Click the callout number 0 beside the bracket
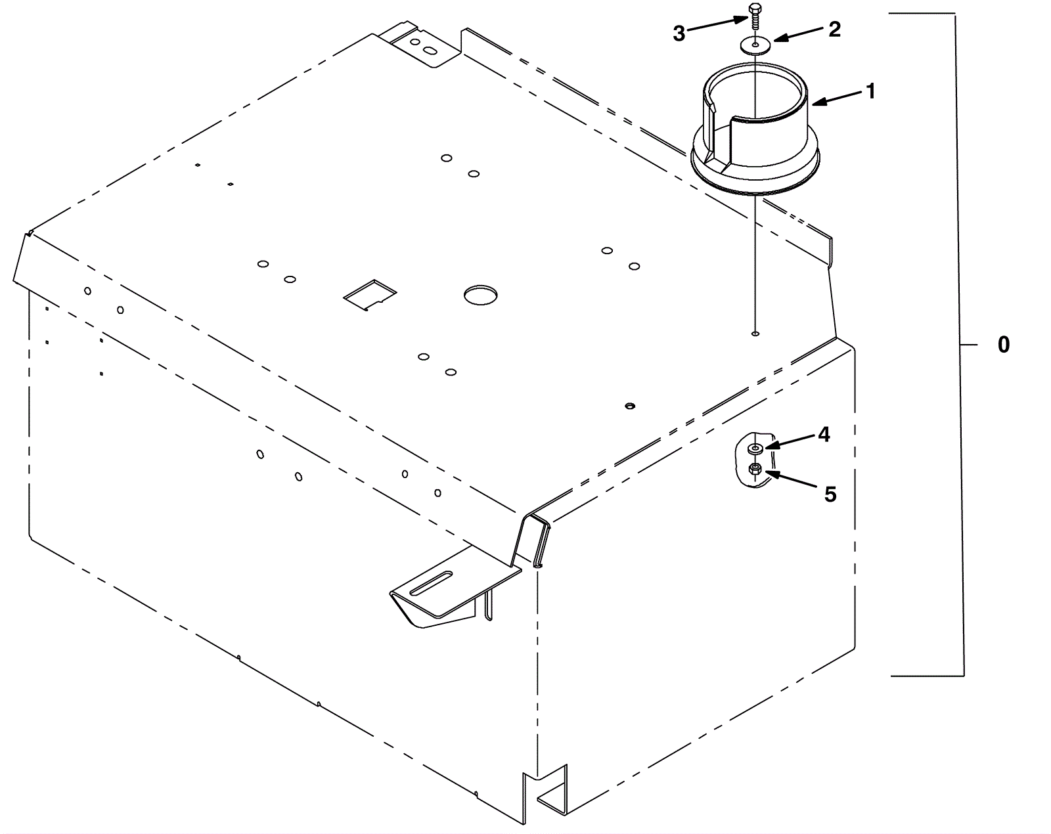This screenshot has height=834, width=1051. point(1003,345)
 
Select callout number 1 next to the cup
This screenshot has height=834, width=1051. point(870,91)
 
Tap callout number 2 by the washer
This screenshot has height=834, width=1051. point(835,30)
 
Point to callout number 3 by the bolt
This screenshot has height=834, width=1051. point(679,33)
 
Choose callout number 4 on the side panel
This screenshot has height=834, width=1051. point(824,435)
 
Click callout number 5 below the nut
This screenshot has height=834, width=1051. point(830,494)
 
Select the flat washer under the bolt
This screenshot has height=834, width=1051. point(755,45)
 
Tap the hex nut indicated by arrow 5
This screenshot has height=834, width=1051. point(755,470)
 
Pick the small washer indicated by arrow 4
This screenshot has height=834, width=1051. point(755,449)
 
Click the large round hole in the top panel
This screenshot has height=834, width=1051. point(481,295)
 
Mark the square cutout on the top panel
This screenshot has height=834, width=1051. point(370,295)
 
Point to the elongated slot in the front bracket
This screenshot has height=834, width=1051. point(432,583)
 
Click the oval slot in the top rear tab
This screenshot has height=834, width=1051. point(430,51)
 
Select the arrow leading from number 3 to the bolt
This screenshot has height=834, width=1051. point(717,25)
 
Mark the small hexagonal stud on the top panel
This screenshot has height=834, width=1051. point(630,406)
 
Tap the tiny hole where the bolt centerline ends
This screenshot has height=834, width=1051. point(755,334)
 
